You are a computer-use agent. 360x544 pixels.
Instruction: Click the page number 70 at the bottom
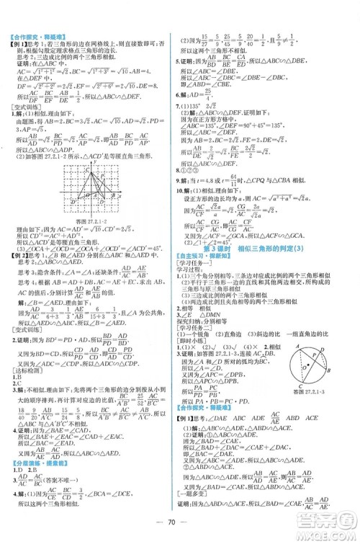[x=179, y=522]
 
